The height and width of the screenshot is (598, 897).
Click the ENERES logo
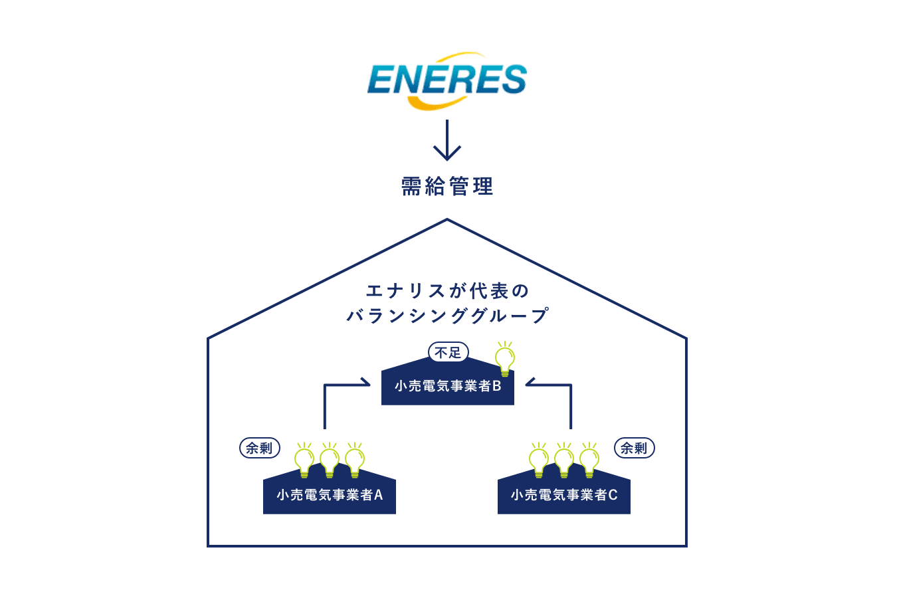click(447, 80)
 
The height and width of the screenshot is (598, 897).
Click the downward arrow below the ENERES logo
click(447, 140)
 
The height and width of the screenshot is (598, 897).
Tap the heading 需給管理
click(447, 187)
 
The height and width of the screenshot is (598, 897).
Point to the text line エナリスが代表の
click(447, 291)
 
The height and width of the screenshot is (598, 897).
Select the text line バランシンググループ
click(447, 315)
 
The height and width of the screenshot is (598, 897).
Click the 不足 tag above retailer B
click(448, 352)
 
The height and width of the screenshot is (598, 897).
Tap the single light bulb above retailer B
click(505, 359)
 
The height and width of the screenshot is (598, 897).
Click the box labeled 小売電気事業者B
click(447, 386)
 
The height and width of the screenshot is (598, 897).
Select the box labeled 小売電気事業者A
click(330, 495)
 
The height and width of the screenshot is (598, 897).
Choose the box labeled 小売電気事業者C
click(564, 495)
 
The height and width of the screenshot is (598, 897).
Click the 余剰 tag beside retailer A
click(259, 448)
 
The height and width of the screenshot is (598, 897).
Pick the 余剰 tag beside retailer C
click(634, 448)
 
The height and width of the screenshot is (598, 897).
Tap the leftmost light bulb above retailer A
click(304, 460)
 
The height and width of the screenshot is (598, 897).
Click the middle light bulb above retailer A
click(330, 460)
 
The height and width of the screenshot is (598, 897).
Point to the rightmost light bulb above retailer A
click(355, 460)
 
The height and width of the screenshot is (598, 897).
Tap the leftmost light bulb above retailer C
click(539, 460)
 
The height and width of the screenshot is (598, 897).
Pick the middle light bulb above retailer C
click(564, 460)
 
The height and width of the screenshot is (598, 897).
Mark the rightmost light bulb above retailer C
click(589, 460)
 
